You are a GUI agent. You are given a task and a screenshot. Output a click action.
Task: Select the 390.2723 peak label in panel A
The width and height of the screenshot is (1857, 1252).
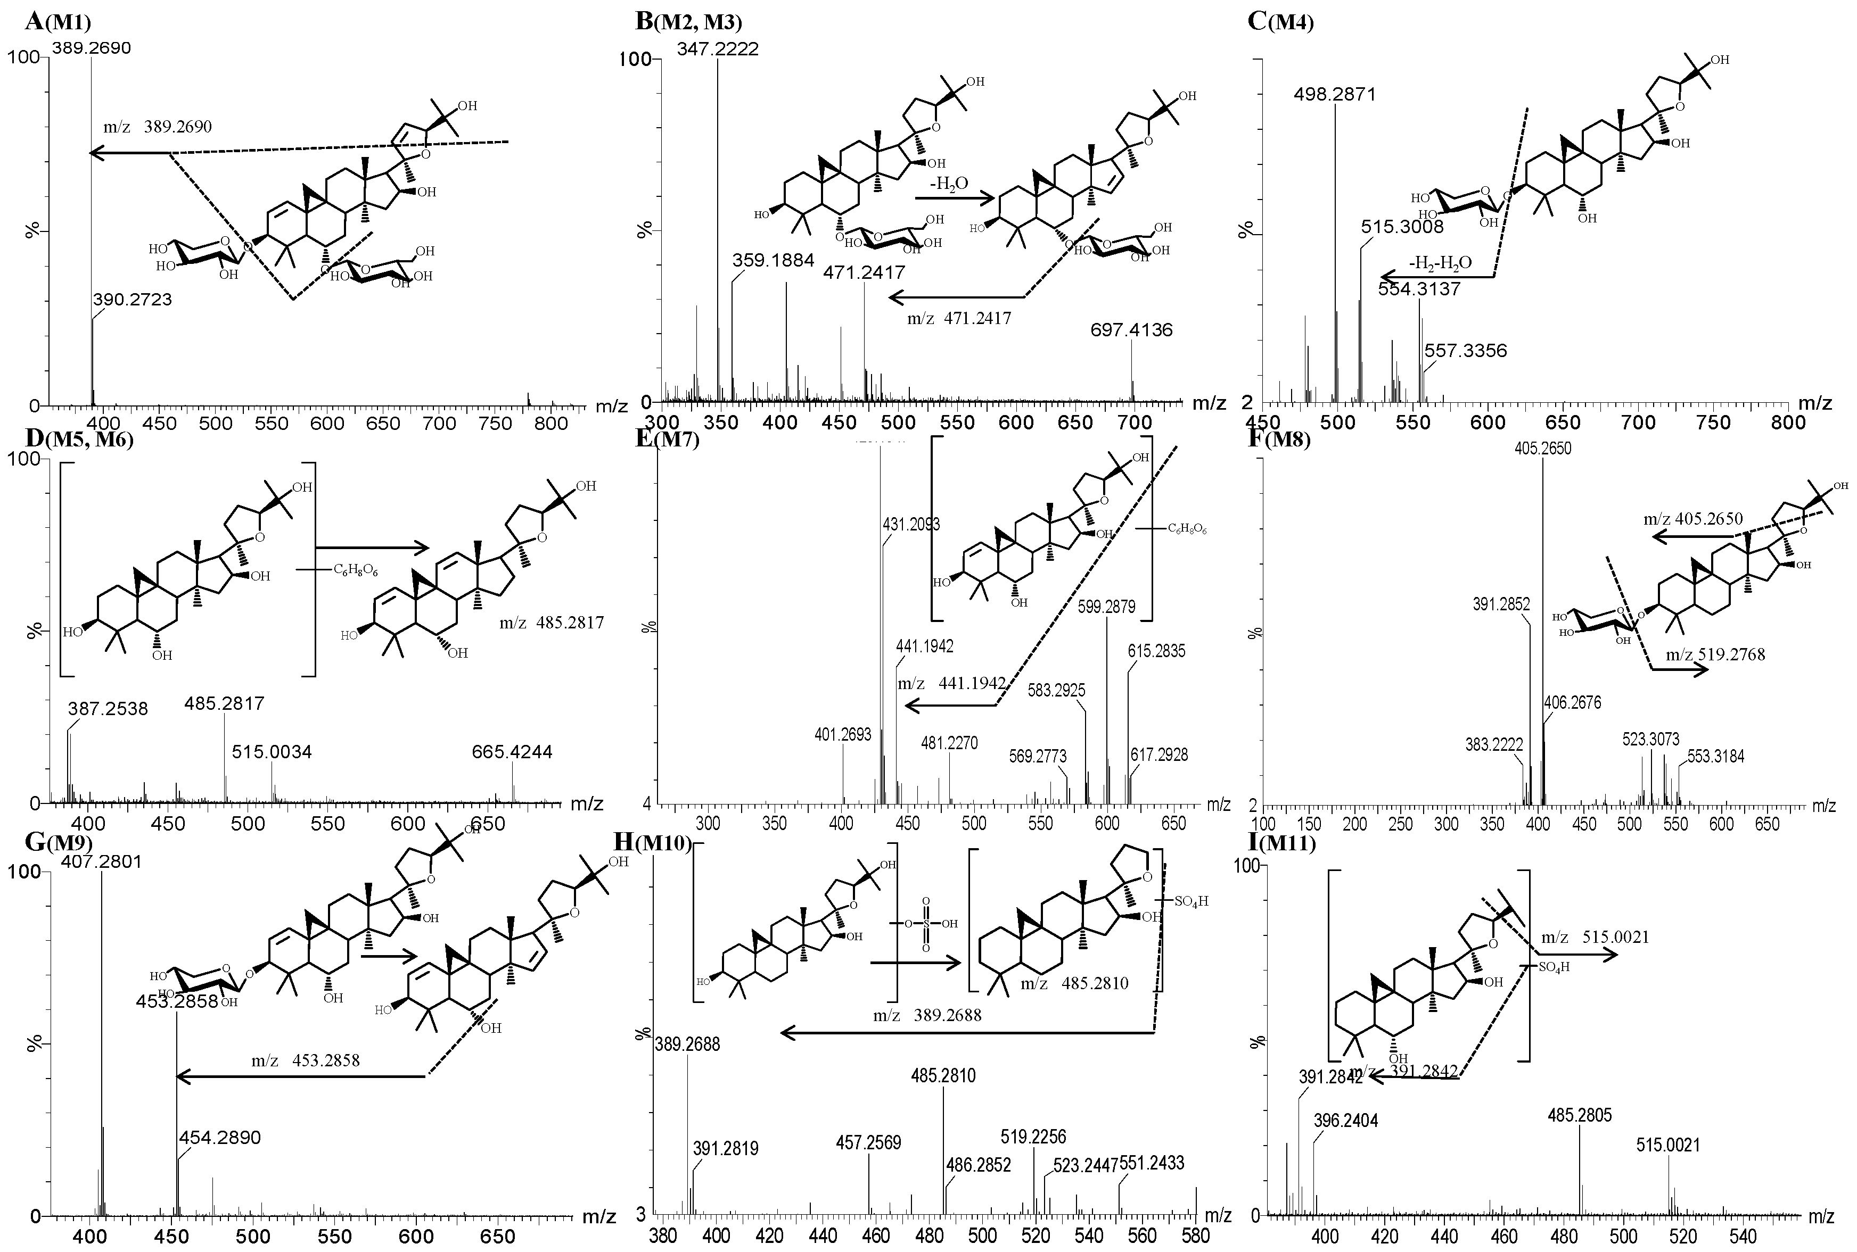pos(132,300)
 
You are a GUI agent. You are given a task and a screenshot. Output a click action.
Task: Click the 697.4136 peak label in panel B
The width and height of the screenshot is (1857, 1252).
pos(1131,330)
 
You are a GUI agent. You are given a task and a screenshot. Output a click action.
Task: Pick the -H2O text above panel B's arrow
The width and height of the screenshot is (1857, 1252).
pos(948,184)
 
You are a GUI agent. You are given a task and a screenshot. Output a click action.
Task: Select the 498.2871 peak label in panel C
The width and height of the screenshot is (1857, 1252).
pos(1335,95)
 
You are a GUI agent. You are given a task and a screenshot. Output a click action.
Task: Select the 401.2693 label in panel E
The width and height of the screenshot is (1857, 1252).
pos(843,734)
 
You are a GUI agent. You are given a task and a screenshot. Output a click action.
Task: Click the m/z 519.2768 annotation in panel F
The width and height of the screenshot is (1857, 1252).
pos(1715,655)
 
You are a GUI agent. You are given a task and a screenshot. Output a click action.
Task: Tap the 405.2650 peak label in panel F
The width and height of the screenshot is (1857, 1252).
pos(1542,449)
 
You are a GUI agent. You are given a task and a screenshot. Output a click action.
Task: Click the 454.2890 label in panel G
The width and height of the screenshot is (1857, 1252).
pos(220,1137)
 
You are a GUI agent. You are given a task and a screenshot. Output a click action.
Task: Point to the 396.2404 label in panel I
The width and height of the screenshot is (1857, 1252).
pos(1346,1121)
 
